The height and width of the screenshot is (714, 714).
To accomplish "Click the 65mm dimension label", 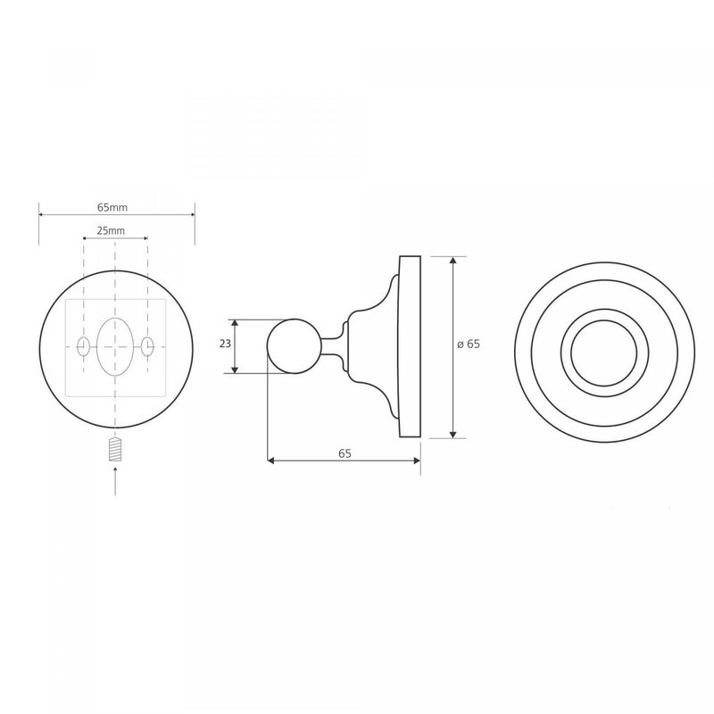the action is coord(112,208).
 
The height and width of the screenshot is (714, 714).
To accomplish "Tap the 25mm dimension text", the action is coord(111,230).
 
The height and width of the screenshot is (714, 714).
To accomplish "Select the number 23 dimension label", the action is coord(225,344).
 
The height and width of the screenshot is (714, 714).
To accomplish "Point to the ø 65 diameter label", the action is coord(469,345).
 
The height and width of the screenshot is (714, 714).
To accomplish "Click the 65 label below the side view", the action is coord(345,453).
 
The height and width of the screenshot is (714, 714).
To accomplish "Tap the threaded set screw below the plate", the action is coord(116,449).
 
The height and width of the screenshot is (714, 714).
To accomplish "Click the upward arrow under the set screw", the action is coord(115,480).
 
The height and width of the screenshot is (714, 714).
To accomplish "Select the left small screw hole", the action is coord(83,347).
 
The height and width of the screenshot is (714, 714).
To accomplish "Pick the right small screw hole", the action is coord(147,347).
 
